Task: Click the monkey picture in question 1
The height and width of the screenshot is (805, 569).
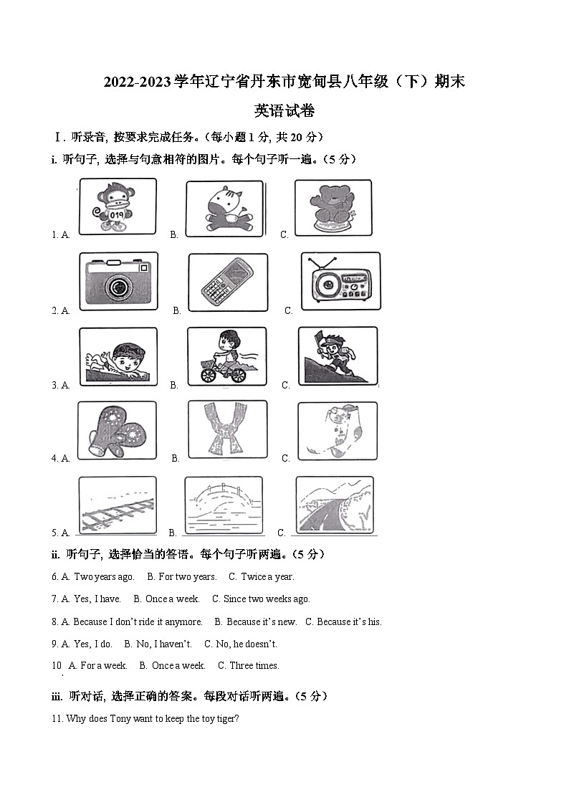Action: click(118, 206)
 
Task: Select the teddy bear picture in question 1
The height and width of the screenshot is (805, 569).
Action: click(333, 208)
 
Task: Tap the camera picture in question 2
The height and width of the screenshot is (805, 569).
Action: click(118, 281)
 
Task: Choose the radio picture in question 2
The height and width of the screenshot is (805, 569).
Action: click(340, 282)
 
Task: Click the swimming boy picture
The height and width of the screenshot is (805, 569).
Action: click(118, 357)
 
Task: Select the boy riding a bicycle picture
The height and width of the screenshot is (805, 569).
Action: click(226, 357)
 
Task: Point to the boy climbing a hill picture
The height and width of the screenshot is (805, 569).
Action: click(337, 356)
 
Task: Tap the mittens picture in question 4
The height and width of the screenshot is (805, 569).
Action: click(117, 431)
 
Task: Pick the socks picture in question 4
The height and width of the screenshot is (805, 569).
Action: click(337, 430)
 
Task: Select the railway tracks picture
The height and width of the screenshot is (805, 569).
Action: click(117, 505)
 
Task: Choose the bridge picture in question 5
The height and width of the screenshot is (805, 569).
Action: click(224, 505)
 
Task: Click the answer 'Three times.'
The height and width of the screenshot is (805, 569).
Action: click(254, 665)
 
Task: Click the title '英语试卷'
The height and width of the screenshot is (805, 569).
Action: click(284, 111)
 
